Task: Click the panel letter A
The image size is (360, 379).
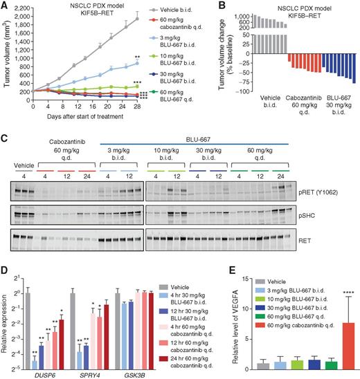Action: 5,6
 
